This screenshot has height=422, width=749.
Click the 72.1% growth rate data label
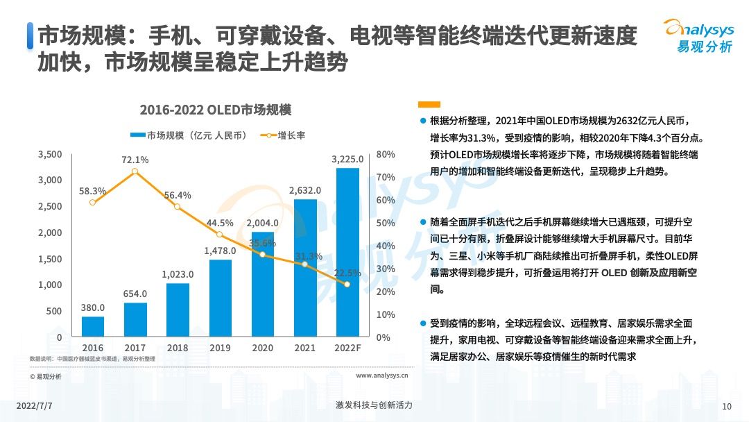click(x=135, y=160)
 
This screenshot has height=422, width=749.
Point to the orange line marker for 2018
click(x=178, y=207)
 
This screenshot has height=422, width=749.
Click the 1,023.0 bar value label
click(x=178, y=274)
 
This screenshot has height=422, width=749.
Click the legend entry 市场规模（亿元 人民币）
click(x=188, y=135)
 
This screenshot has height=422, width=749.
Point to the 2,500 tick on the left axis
click(x=50, y=206)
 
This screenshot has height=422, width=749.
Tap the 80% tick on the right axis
click(x=386, y=154)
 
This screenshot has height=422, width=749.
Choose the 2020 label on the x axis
click(x=262, y=347)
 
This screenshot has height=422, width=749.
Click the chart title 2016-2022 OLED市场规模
click(x=215, y=110)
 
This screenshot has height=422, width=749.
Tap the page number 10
click(x=727, y=406)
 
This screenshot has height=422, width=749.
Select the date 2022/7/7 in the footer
click(x=33, y=405)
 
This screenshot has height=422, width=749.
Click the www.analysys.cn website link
click(x=381, y=375)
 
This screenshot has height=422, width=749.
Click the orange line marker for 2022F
click(x=347, y=285)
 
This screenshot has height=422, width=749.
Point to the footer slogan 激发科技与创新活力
click(x=374, y=405)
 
